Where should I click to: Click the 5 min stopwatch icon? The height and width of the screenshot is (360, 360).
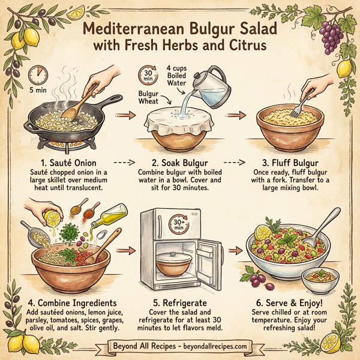(x=38, y=74)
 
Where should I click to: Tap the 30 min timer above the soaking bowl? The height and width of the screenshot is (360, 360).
(x=148, y=76)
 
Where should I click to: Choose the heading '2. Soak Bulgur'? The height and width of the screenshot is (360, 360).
(x=180, y=162)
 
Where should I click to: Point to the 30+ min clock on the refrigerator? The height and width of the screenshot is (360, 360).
(x=181, y=224)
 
